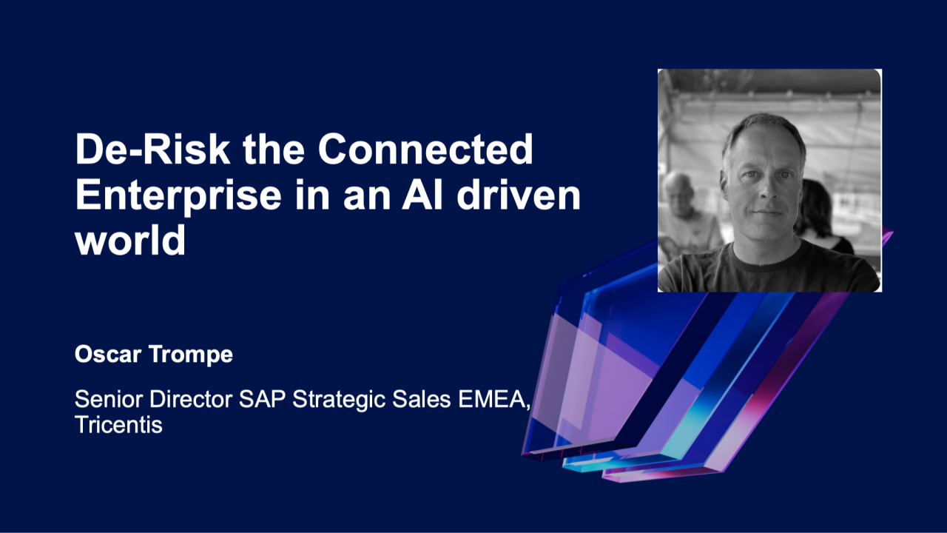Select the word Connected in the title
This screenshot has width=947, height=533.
425,150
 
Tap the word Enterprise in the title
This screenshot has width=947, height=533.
178,195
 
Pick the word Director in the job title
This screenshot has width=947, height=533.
190,400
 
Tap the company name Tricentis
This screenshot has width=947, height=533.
118,426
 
